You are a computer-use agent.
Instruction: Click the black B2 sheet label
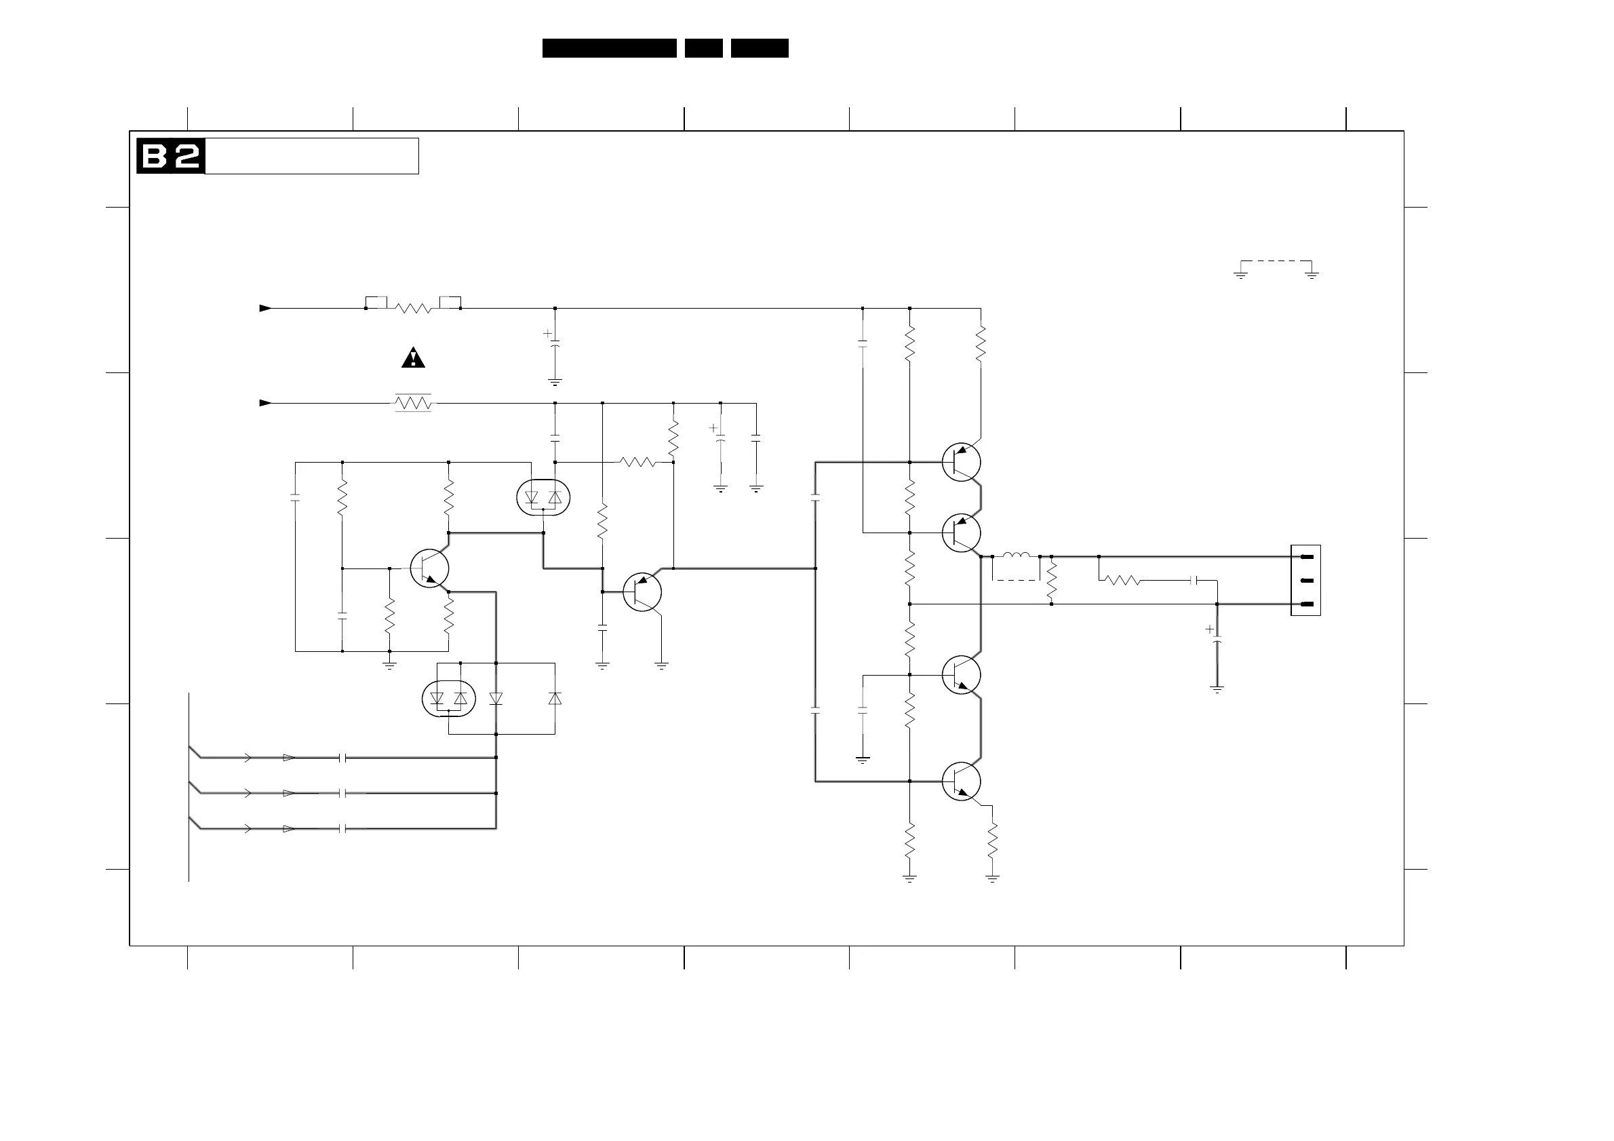171,156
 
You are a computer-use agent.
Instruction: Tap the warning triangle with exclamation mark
414,359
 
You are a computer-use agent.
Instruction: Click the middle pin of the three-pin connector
1307,581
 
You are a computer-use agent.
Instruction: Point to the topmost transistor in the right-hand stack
961,462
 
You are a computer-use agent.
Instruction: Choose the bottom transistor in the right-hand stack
961,781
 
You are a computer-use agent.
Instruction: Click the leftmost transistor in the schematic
429,568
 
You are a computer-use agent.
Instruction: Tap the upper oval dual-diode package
543,498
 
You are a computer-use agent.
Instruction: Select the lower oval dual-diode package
448,699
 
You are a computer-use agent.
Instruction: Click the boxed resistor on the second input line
414,403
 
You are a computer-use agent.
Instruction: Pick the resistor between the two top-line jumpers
414,308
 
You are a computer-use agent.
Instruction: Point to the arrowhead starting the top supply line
265,308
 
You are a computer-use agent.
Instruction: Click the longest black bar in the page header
609,47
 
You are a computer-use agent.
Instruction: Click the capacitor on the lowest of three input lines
343,829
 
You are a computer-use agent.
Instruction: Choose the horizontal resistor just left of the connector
1122,581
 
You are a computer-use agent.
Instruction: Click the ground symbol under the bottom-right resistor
993,877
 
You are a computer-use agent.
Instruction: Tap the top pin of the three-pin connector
1307,557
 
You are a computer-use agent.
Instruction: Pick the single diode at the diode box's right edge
555,699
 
